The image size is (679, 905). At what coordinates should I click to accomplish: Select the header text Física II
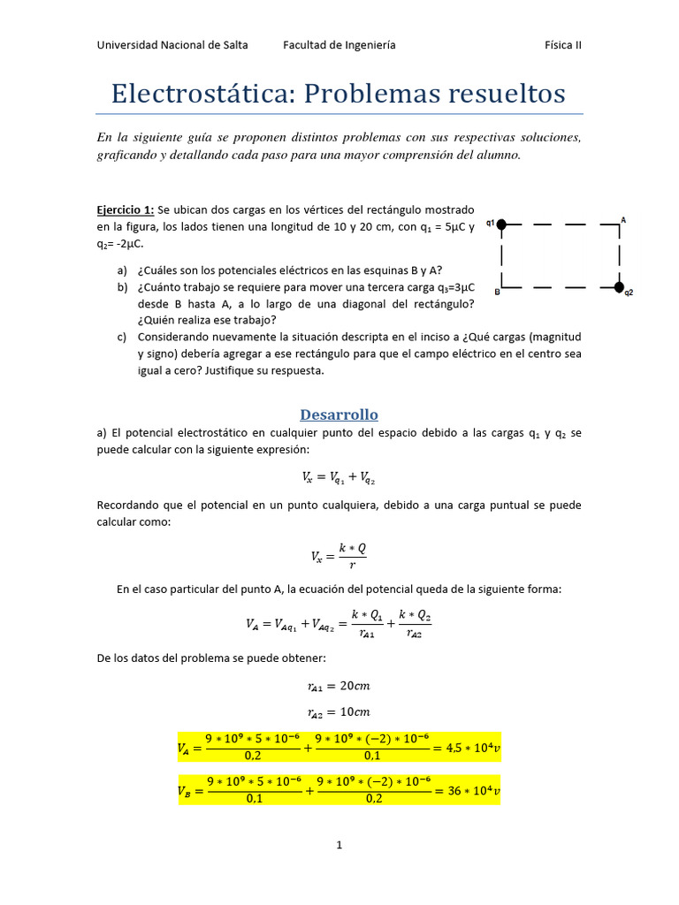563,45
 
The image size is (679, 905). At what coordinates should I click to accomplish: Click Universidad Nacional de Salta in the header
172,45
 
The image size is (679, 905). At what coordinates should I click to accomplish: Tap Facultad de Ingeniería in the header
339,45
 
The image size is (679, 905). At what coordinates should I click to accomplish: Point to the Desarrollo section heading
339,414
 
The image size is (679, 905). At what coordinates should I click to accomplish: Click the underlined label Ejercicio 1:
126,209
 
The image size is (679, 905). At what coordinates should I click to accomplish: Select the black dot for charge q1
501,224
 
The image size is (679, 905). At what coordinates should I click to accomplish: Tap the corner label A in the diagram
623,219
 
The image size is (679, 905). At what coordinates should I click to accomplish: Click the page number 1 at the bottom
339,846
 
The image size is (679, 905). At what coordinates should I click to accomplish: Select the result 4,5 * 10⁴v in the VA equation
470,748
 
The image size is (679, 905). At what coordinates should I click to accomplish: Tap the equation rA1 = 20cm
339,686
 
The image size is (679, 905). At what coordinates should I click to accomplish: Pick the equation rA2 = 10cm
339,712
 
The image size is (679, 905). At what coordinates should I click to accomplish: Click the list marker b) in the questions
122,287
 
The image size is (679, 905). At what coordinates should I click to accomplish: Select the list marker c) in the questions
122,337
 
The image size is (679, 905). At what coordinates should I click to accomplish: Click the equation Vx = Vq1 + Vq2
339,477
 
